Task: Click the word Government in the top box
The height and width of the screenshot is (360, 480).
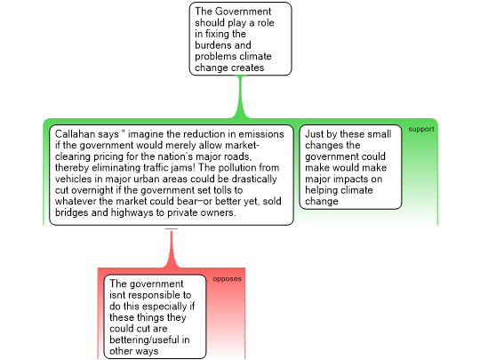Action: click(x=243, y=12)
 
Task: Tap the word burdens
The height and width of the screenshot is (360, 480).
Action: click(x=223, y=45)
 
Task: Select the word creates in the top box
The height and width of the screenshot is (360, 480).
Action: click(x=246, y=68)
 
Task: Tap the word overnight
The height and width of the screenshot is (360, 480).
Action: click(x=91, y=190)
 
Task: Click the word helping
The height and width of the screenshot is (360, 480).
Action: click(x=322, y=190)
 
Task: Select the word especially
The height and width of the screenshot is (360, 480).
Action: click(x=164, y=307)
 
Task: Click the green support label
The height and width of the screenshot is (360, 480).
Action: click(x=421, y=129)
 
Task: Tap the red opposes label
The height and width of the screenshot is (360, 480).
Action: click(x=228, y=279)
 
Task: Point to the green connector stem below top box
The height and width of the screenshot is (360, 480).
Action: click(x=240, y=97)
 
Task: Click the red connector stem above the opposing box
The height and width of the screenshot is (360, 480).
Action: click(x=172, y=249)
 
